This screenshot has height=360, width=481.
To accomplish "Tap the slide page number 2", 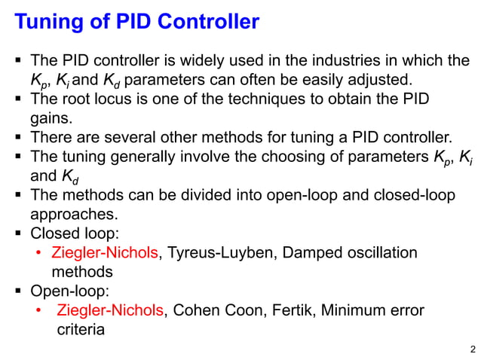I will [472, 349].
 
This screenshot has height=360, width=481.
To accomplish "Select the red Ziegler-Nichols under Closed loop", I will [106, 252].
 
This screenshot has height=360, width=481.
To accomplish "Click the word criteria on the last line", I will [81, 330].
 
